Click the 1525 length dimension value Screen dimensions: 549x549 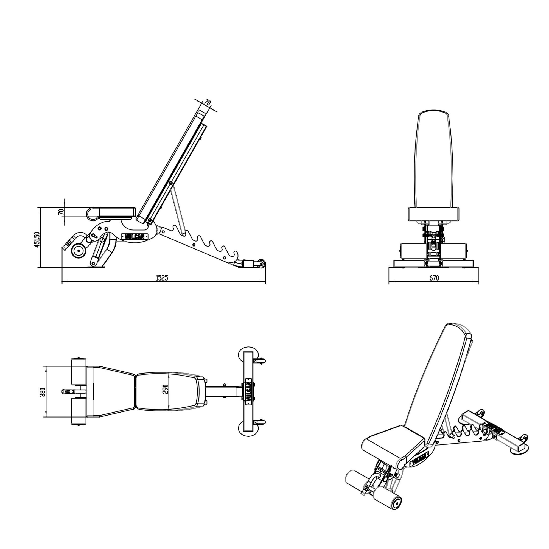coord(162,278)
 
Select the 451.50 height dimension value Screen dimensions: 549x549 coord(37,240)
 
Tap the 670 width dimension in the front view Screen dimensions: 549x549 coord(434,278)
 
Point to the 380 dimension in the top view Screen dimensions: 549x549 coord(43,392)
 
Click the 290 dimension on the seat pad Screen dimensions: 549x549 coord(165,389)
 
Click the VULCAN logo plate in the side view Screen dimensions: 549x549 coord(135,236)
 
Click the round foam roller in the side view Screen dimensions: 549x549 coord(78,251)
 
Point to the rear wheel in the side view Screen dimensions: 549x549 coord(261,264)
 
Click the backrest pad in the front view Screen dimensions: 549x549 coord(434,159)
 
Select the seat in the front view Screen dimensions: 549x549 coord(434,214)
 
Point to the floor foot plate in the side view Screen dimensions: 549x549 coord(97,266)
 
